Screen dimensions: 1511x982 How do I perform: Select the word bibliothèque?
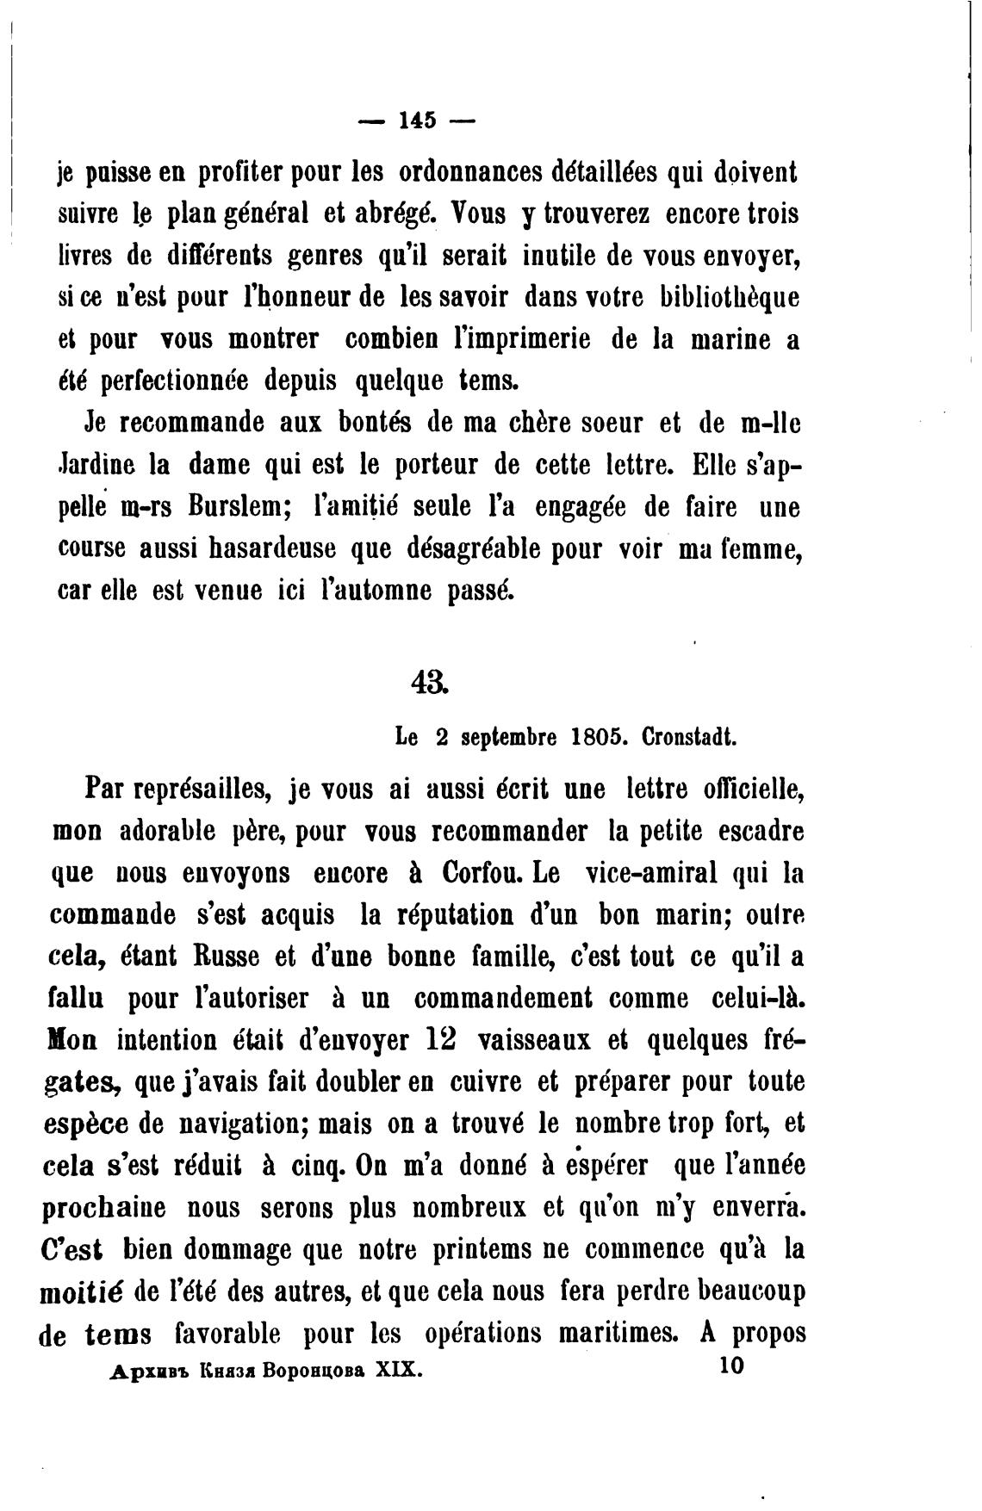pos(729,298)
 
